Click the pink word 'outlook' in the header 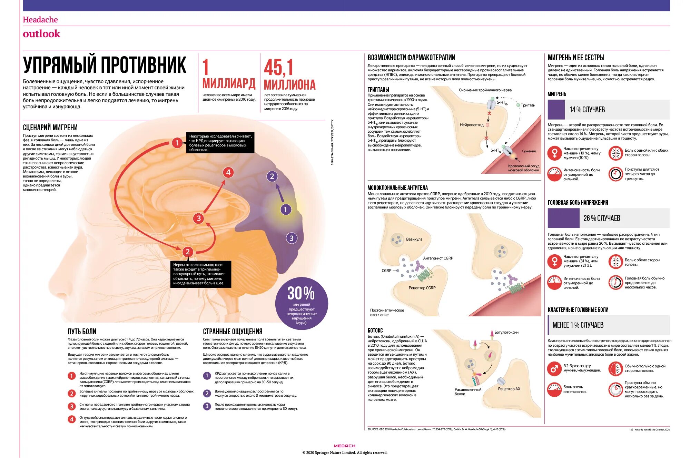coord(41,34)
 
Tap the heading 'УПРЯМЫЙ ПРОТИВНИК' coord(105,65)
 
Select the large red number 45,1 coord(278,67)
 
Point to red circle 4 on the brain coord(228,172)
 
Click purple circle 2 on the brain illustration coord(272,176)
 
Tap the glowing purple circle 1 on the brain coord(285,209)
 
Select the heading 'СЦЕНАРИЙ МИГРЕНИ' coord(50,128)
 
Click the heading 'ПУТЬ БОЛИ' coord(82,332)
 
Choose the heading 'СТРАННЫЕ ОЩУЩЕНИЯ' coord(233,332)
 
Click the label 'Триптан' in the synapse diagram coord(528,105)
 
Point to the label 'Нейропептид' coord(472,125)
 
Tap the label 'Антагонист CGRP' coord(438,258)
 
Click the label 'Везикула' coord(414,239)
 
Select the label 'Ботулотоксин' coord(506,332)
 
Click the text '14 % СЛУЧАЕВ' coord(587,110)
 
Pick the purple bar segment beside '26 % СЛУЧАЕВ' coord(563,218)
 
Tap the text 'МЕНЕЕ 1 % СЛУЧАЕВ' coord(578,325)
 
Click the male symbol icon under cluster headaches coord(554,369)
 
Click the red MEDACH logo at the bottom coord(344,446)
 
